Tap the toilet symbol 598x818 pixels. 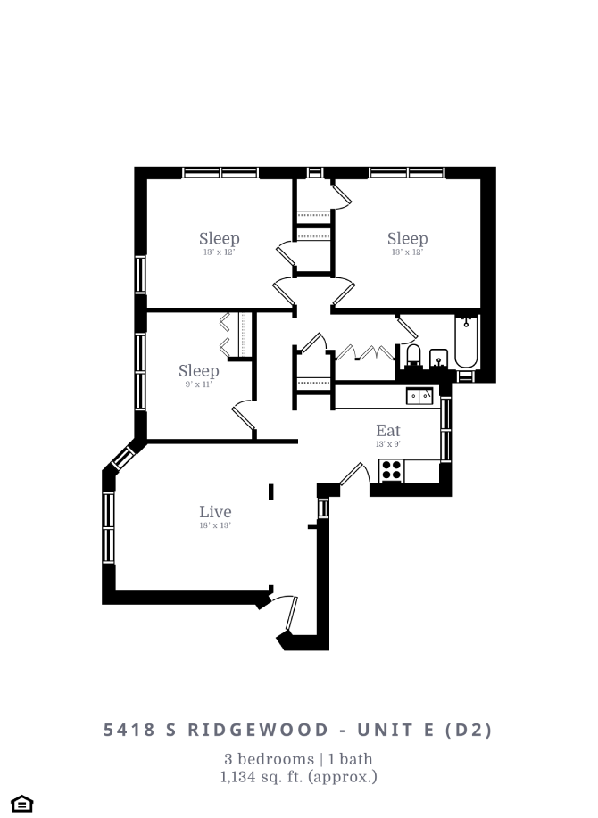click(412, 357)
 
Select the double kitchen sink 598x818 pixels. click(419, 395)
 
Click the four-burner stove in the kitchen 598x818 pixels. click(392, 470)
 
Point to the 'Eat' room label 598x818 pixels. click(388, 431)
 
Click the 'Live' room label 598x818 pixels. click(215, 511)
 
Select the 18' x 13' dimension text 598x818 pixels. click(215, 525)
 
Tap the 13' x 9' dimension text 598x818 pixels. click(388, 444)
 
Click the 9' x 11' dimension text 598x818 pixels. click(198, 384)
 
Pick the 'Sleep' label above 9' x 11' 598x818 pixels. click(198, 371)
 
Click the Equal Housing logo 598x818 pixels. click(23, 803)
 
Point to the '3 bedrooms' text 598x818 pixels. click(264, 759)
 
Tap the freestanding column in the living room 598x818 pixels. click(271, 492)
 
